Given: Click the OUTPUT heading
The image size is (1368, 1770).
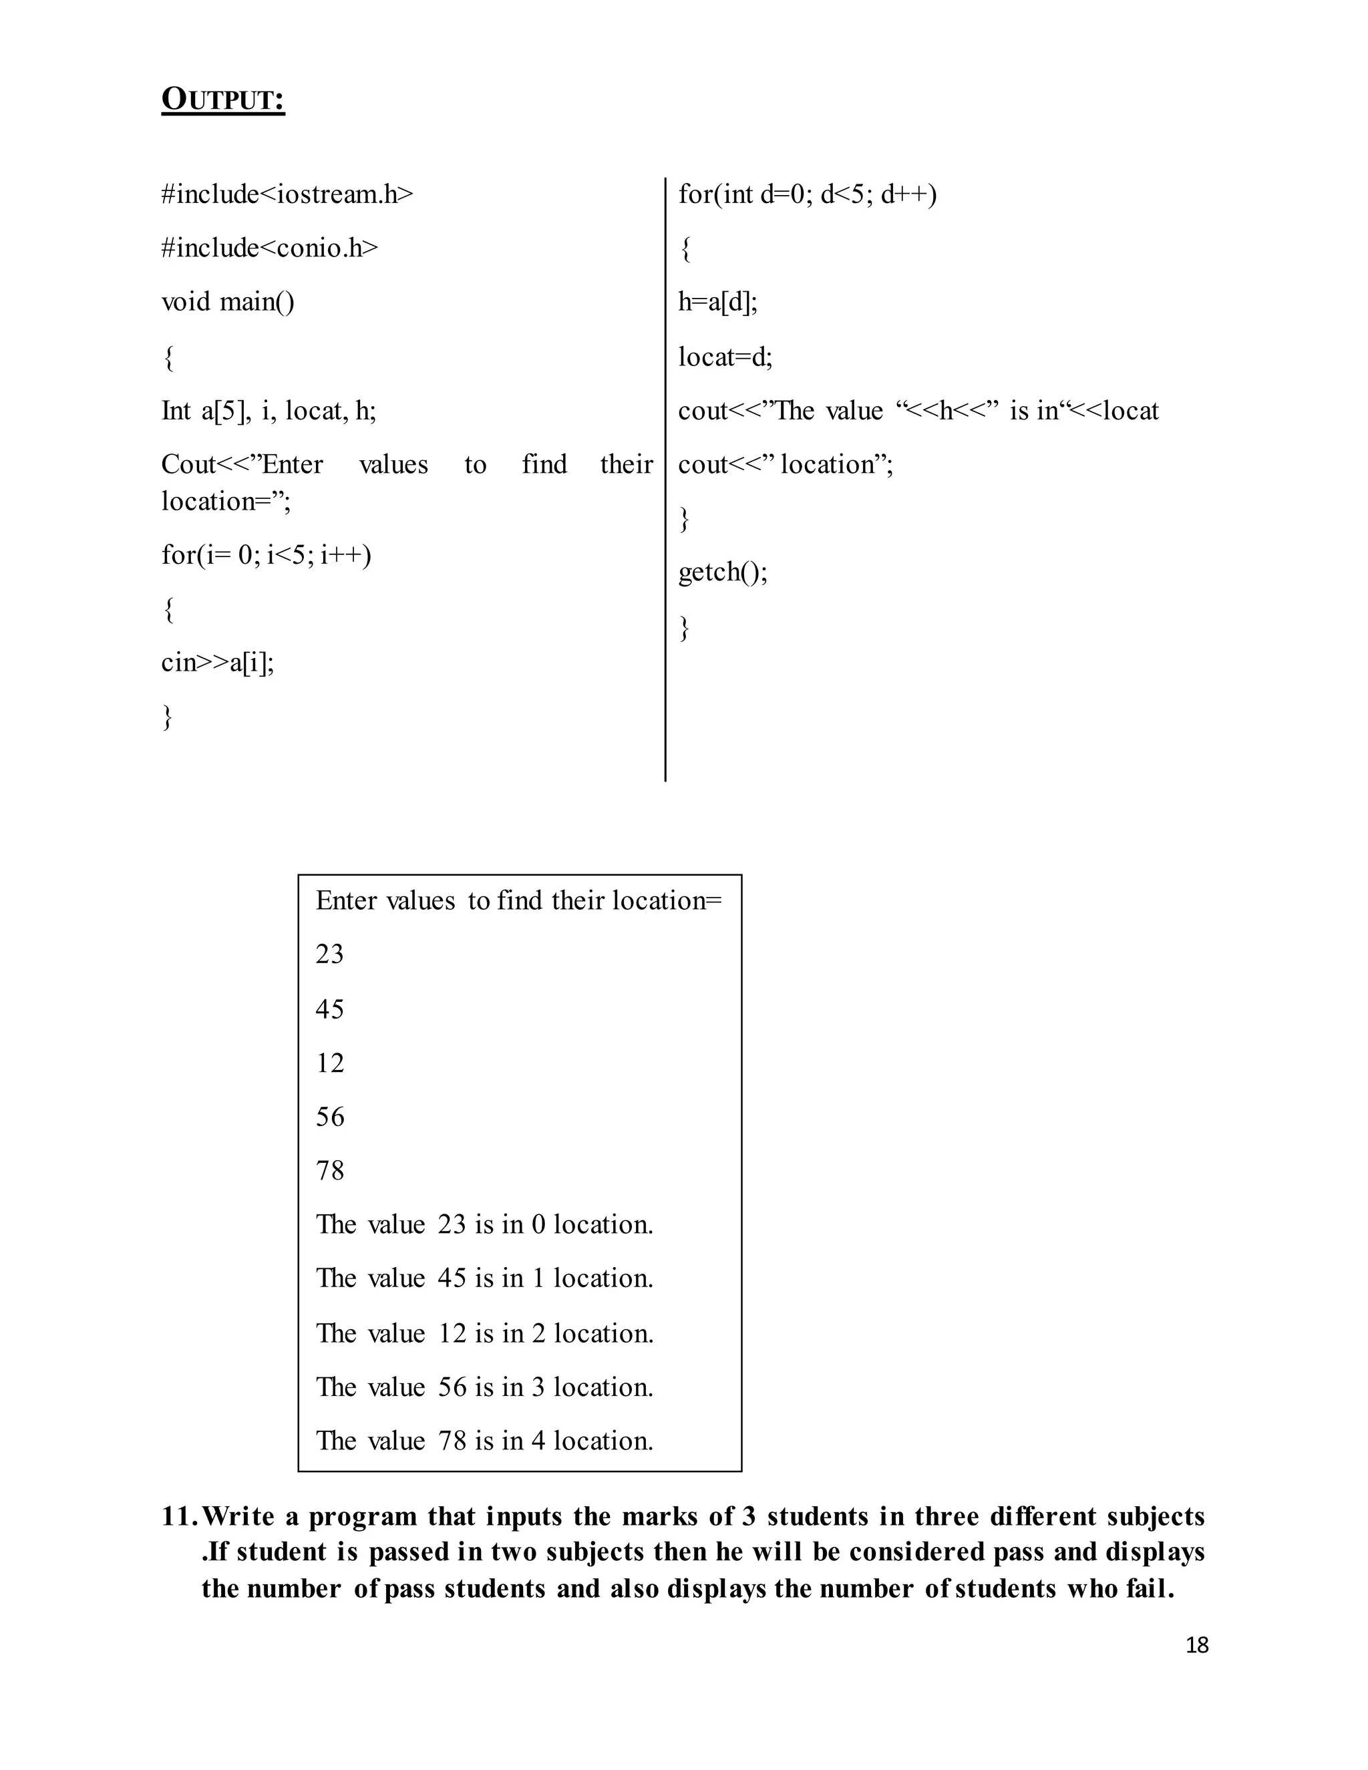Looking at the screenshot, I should (223, 100).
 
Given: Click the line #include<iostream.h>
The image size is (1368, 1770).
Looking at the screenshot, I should (287, 194).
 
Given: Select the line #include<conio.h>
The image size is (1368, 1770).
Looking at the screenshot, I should (269, 248).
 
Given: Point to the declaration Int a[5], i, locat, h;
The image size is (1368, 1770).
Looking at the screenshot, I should (269, 411).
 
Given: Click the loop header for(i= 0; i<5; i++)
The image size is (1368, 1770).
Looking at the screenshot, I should (266, 555).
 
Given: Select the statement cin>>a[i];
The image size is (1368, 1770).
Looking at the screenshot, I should (217, 663).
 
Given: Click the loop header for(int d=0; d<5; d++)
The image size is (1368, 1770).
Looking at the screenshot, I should (807, 194).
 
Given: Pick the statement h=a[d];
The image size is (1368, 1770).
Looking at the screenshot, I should (717, 303).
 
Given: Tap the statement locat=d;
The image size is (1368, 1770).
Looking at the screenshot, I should (725, 357).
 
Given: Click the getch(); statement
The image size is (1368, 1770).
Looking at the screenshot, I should (722, 572).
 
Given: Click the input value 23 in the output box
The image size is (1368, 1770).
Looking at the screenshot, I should (330, 954).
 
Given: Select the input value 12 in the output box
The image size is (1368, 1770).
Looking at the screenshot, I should (330, 1063).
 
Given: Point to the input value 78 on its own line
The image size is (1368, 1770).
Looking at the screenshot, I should (330, 1170).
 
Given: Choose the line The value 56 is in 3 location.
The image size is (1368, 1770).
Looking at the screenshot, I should (484, 1387).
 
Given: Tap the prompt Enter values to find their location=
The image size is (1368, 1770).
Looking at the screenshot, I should (518, 900).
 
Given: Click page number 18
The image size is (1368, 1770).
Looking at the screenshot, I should (1196, 1645).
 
